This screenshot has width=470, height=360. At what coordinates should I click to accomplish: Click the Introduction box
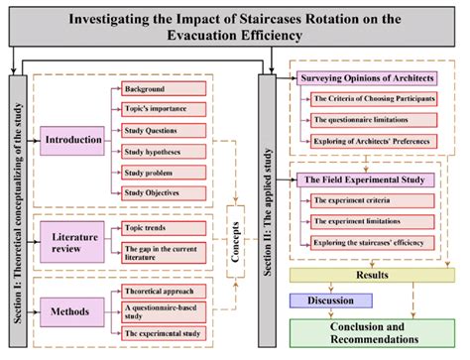73,140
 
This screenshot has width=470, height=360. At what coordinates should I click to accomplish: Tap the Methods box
72,310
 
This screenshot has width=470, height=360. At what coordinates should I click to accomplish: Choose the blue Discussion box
329,300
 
